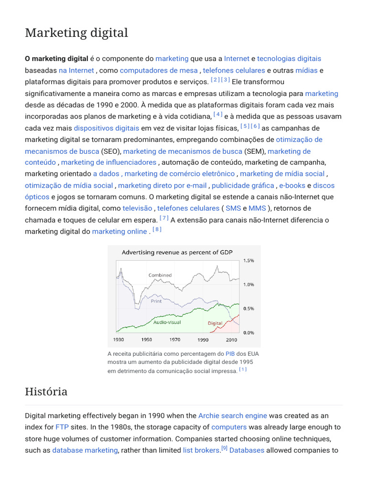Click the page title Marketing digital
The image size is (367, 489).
click(76, 33)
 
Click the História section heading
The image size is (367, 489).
click(46, 392)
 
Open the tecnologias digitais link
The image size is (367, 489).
click(289, 58)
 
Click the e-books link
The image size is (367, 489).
click(292, 185)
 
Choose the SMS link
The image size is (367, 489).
click(233, 208)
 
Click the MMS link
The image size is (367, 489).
click(257, 208)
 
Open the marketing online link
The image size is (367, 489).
click(119, 231)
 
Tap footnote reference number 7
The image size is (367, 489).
click(164, 218)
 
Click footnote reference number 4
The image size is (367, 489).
click(218, 114)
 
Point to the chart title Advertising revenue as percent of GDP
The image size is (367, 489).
click(177, 252)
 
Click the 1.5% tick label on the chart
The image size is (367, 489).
click(248, 261)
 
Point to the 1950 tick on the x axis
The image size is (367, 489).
click(146, 340)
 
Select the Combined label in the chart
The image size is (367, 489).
click(160, 275)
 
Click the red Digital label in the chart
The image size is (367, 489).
click(215, 323)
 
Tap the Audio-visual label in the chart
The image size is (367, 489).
click(167, 322)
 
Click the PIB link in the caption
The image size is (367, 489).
click(230, 354)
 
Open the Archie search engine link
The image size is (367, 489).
click(232, 415)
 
